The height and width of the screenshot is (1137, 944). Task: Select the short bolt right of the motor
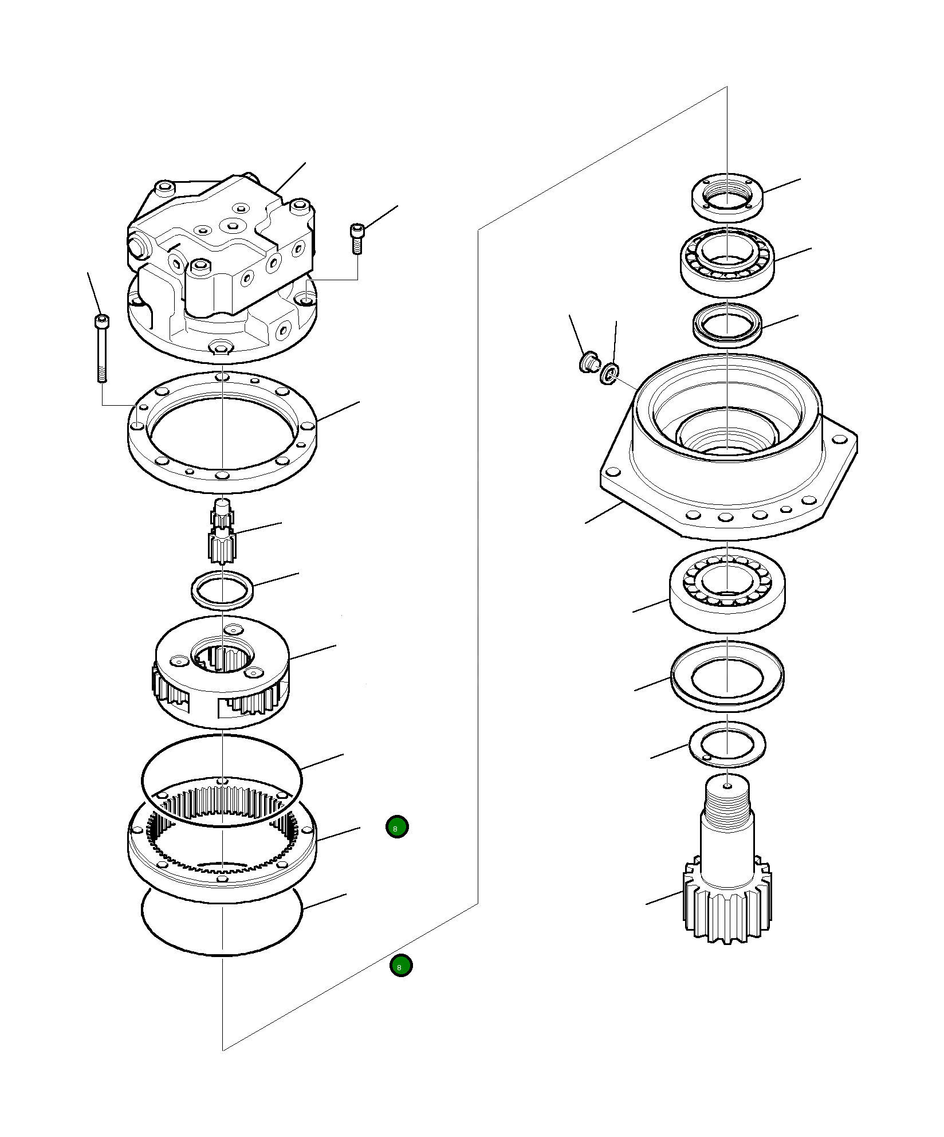click(356, 237)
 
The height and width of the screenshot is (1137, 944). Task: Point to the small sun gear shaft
click(222, 530)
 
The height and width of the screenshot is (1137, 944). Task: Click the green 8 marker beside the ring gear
click(397, 826)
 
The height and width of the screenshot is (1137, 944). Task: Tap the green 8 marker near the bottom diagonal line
click(400, 966)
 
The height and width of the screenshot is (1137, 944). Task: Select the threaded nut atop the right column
click(727, 198)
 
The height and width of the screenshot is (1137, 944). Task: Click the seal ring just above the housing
click(727, 325)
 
